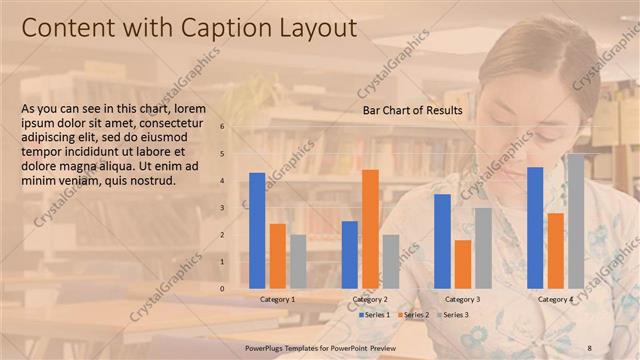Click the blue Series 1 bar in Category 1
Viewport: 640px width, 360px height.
[x=257, y=231]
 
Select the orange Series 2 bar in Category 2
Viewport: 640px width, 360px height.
[x=370, y=229]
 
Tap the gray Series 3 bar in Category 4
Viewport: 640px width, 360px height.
[x=575, y=221]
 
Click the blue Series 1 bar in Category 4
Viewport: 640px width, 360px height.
[x=535, y=228]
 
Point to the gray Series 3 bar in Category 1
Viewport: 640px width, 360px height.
[x=298, y=262]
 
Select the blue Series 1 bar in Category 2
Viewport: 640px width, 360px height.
[x=350, y=255]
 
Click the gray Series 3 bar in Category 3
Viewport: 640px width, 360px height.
[x=483, y=248]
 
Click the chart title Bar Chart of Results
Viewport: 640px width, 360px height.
[x=413, y=110]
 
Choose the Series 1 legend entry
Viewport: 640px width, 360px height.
[x=375, y=315]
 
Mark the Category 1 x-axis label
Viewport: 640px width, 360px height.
[x=277, y=299]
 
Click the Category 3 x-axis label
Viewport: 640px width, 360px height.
[x=463, y=299]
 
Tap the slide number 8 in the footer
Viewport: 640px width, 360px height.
[x=590, y=346]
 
